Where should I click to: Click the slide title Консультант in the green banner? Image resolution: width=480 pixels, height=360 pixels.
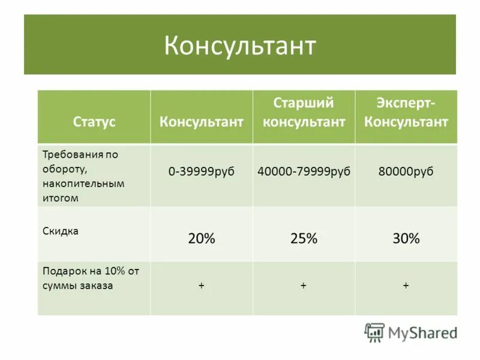pyautogui.click(x=240, y=46)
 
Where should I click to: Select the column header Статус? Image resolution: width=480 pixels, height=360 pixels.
pyautogui.click(x=94, y=122)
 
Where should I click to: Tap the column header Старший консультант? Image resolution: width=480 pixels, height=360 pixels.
pyautogui.click(x=304, y=112)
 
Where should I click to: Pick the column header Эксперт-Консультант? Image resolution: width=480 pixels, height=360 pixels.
pyautogui.click(x=406, y=112)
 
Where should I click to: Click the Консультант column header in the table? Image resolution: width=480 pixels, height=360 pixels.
pyautogui.click(x=202, y=122)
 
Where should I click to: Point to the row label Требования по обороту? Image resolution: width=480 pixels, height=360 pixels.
pyautogui.click(x=80, y=161)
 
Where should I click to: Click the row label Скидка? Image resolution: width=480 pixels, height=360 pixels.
pyautogui.click(x=61, y=230)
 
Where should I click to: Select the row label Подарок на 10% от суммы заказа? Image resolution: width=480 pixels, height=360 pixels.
pyautogui.click(x=91, y=278)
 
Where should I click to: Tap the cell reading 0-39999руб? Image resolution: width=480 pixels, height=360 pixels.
pyautogui.click(x=202, y=172)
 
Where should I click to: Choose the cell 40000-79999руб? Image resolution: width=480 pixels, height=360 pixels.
pyautogui.click(x=304, y=172)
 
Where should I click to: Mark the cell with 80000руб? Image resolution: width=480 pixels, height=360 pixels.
pyautogui.click(x=406, y=172)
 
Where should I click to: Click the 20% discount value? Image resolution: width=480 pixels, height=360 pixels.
pyautogui.click(x=202, y=238)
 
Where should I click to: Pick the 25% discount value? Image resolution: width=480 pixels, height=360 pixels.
pyautogui.click(x=304, y=238)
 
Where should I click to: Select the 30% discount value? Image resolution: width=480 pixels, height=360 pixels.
pyautogui.click(x=406, y=238)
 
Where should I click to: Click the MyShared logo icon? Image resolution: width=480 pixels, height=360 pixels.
pyautogui.click(x=374, y=332)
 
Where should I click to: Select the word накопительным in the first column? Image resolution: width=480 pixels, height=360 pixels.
pyautogui.click(x=83, y=184)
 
